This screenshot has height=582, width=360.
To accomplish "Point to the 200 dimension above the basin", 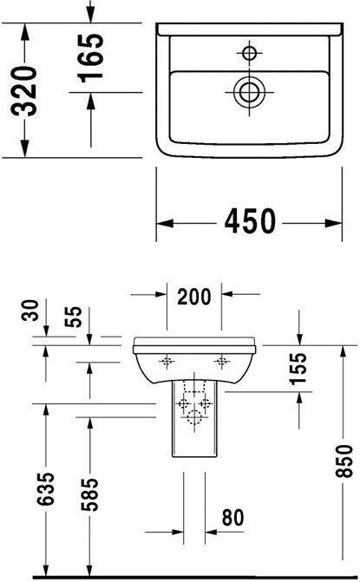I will [x=194, y=298].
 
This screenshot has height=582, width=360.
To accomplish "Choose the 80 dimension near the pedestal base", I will [x=231, y=518].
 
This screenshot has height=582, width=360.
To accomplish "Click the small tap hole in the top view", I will [x=251, y=54].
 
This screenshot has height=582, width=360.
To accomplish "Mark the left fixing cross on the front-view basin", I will [x=167, y=359].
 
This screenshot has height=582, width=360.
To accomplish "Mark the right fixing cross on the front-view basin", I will [x=222, y=359].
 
